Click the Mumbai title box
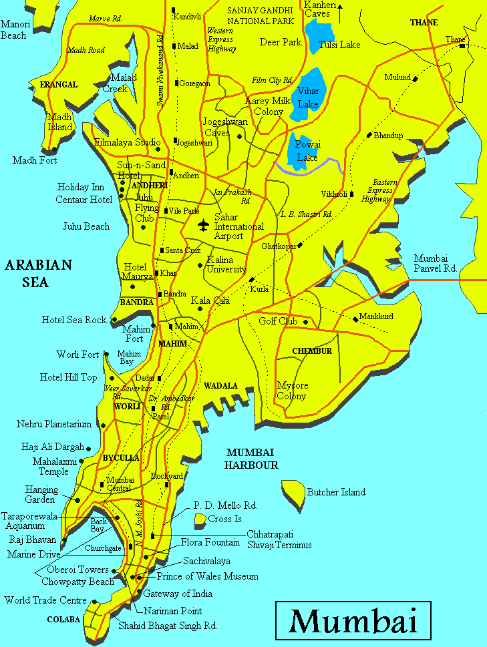tap(354, 621)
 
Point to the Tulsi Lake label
tap(339, 45)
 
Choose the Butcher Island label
tap(336, 492)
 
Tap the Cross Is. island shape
tap(200, 519)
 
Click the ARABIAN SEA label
tap(38, 273)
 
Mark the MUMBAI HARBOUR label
tap(251, 459)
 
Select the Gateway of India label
tap(183, 594)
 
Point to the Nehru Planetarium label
tap(54, 424)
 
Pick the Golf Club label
tap(278, 321)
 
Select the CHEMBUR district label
tap(312, 351)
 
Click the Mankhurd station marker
tap(355, 319)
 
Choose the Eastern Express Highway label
tap(378, 190)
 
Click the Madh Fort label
tap(35, 160)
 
